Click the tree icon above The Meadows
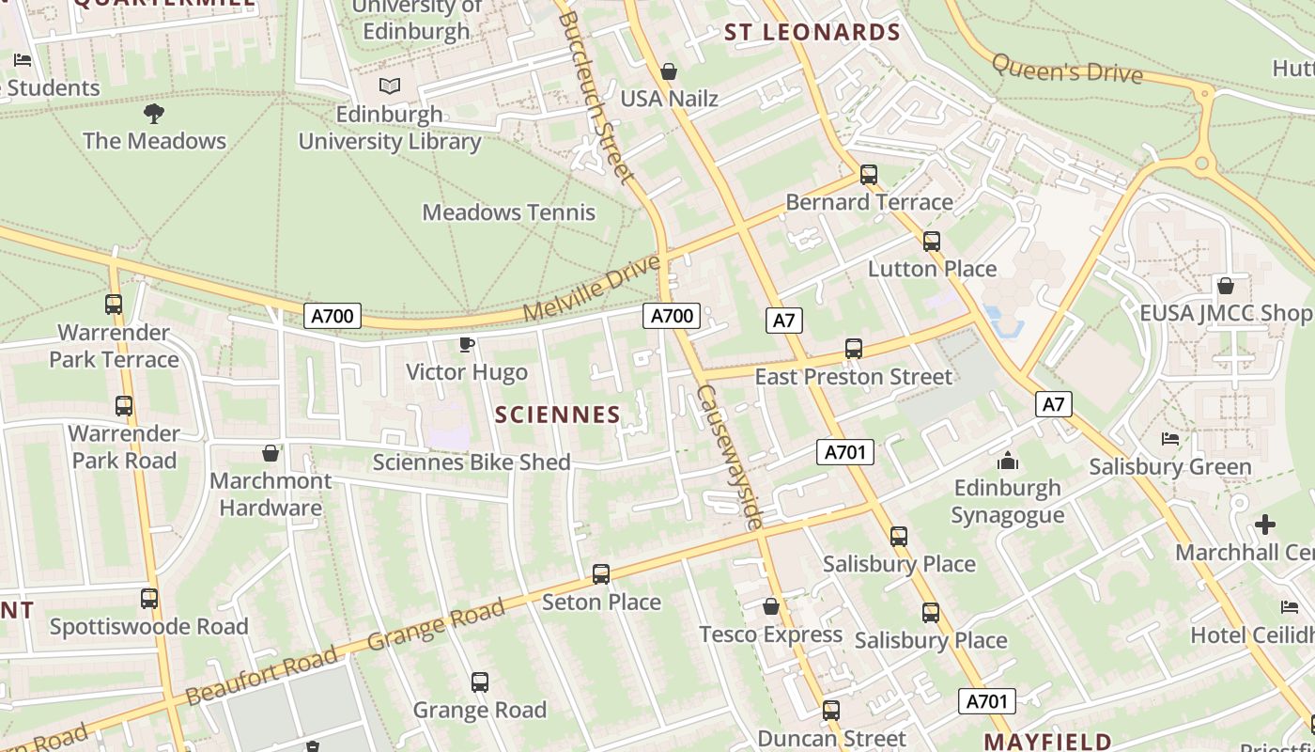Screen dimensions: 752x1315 click(x=154, y=114)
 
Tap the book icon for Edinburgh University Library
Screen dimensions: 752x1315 click(x=390, y=86)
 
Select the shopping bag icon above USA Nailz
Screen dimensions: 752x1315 click(x=669, y=71)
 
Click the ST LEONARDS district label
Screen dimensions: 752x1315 click(x=812, y=33)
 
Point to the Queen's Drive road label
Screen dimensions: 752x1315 click(x=1067, y=69)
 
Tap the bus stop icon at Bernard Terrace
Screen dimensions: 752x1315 click(x=869, y=175)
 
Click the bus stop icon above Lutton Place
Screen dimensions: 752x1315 click(x=932, y=242)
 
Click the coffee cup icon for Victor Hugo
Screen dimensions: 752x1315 click(x=466, y=345)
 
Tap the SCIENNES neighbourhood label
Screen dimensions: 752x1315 click(x=557, y=415)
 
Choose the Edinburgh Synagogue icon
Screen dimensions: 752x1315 click(x=1008, y=461)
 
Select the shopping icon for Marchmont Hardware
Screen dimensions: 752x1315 click(x=271, y=454)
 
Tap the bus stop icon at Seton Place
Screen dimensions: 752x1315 click(x=601, y=574)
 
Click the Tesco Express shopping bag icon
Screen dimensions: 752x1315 click(x=771, y=607)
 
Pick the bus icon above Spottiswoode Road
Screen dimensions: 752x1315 click(x=149, y=599)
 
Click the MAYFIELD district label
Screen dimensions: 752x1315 click(x=1047, y=742)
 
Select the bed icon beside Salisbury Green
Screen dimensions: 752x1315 click(x=1170, y=439)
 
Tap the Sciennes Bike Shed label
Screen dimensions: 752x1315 click(x=472, y=462)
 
